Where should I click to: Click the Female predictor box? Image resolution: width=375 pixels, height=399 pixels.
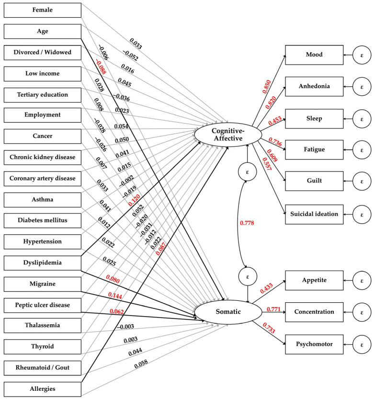click(43, 10)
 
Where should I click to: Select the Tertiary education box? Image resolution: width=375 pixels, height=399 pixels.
click(43, 95)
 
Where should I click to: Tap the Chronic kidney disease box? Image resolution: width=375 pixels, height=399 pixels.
click(43, 157)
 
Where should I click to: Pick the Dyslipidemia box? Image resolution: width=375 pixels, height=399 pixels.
click(43, 263)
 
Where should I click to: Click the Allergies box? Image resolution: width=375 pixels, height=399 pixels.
click(43, 389)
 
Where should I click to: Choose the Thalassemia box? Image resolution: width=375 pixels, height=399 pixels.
click(43, 325)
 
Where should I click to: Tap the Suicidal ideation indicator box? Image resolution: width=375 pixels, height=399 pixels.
click(314, 214)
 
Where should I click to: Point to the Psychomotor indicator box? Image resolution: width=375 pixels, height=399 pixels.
click(314, 344)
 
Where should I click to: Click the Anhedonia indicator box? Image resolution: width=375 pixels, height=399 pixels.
click(314, 87)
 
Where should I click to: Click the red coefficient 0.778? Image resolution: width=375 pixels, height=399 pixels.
click(247, 223)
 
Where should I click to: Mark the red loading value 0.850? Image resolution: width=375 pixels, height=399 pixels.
click(267, 87)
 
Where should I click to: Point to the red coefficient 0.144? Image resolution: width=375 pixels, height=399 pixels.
click(115, 296)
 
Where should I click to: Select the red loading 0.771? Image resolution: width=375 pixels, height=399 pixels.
click(273, 309)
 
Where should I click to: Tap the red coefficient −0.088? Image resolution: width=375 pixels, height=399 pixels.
click(101, 67)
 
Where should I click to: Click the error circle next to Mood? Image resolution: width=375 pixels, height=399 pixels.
click(362, 55)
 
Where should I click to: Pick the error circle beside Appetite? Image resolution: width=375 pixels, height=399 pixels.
click(362, 281)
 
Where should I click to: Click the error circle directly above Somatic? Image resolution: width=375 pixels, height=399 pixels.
click(248, 276)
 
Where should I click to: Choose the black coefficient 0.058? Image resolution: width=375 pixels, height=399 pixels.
click(141, 364)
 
